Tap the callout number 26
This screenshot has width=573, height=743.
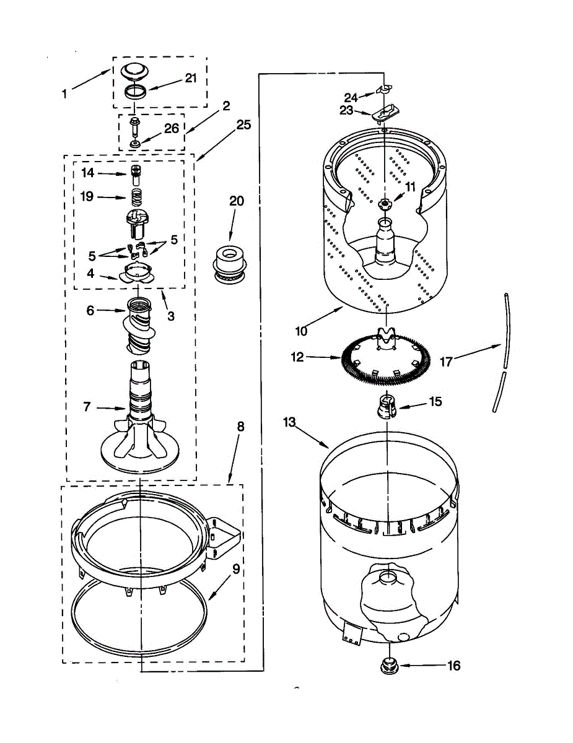(172, 128)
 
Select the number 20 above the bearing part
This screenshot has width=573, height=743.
(236, 201)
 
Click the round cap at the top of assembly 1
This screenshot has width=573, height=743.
(136, 71)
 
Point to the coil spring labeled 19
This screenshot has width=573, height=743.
(136, 198)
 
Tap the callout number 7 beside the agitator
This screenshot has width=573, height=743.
(87, 406)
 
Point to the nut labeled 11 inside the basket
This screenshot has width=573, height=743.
(385, 203)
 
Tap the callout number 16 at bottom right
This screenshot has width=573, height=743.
(454, 666)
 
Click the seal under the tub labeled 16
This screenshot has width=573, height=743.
(389, 666)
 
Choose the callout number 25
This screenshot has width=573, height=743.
(243, 124)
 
